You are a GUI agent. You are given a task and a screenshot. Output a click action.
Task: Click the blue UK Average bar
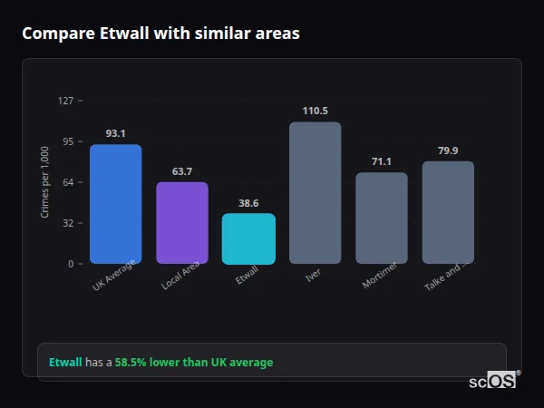pos(115,204)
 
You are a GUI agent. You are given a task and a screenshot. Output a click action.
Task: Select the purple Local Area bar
pos(181,223)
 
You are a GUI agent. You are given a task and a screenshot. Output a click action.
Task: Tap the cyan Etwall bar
pos(248,238)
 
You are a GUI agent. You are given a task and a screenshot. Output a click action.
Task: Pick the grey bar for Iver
pos(315,193)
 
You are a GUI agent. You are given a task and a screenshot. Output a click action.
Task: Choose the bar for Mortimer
pos(381,219)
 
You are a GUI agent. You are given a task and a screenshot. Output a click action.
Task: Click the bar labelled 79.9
pos(448,213)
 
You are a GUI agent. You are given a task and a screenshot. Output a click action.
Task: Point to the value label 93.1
pos(115,133)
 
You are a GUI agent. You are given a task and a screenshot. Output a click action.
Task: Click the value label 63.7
pos(181,171)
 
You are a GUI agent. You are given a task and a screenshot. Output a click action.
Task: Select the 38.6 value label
pos(248,203)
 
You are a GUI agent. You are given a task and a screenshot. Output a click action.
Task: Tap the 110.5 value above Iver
pos(315,111)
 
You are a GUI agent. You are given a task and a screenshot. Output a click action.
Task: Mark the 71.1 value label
pos(381,161)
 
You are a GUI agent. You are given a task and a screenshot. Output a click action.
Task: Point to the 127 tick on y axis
pos(65,101)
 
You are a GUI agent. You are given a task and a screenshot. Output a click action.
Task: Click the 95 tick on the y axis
pos(67,141)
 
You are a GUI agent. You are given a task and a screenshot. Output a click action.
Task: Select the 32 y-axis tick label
pos(67,223)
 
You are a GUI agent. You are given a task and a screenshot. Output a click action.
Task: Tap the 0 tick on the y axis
pos(70,264)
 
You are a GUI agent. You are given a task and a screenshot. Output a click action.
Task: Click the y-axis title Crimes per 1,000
pos(45,182)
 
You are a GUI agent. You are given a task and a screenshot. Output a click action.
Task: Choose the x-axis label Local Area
pos(180,276)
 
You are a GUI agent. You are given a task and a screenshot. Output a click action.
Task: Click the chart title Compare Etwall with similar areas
pos(160,34)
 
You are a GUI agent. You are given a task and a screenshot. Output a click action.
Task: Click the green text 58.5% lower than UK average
pos(193,363)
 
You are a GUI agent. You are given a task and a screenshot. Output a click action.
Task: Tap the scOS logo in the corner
pos(493,381)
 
